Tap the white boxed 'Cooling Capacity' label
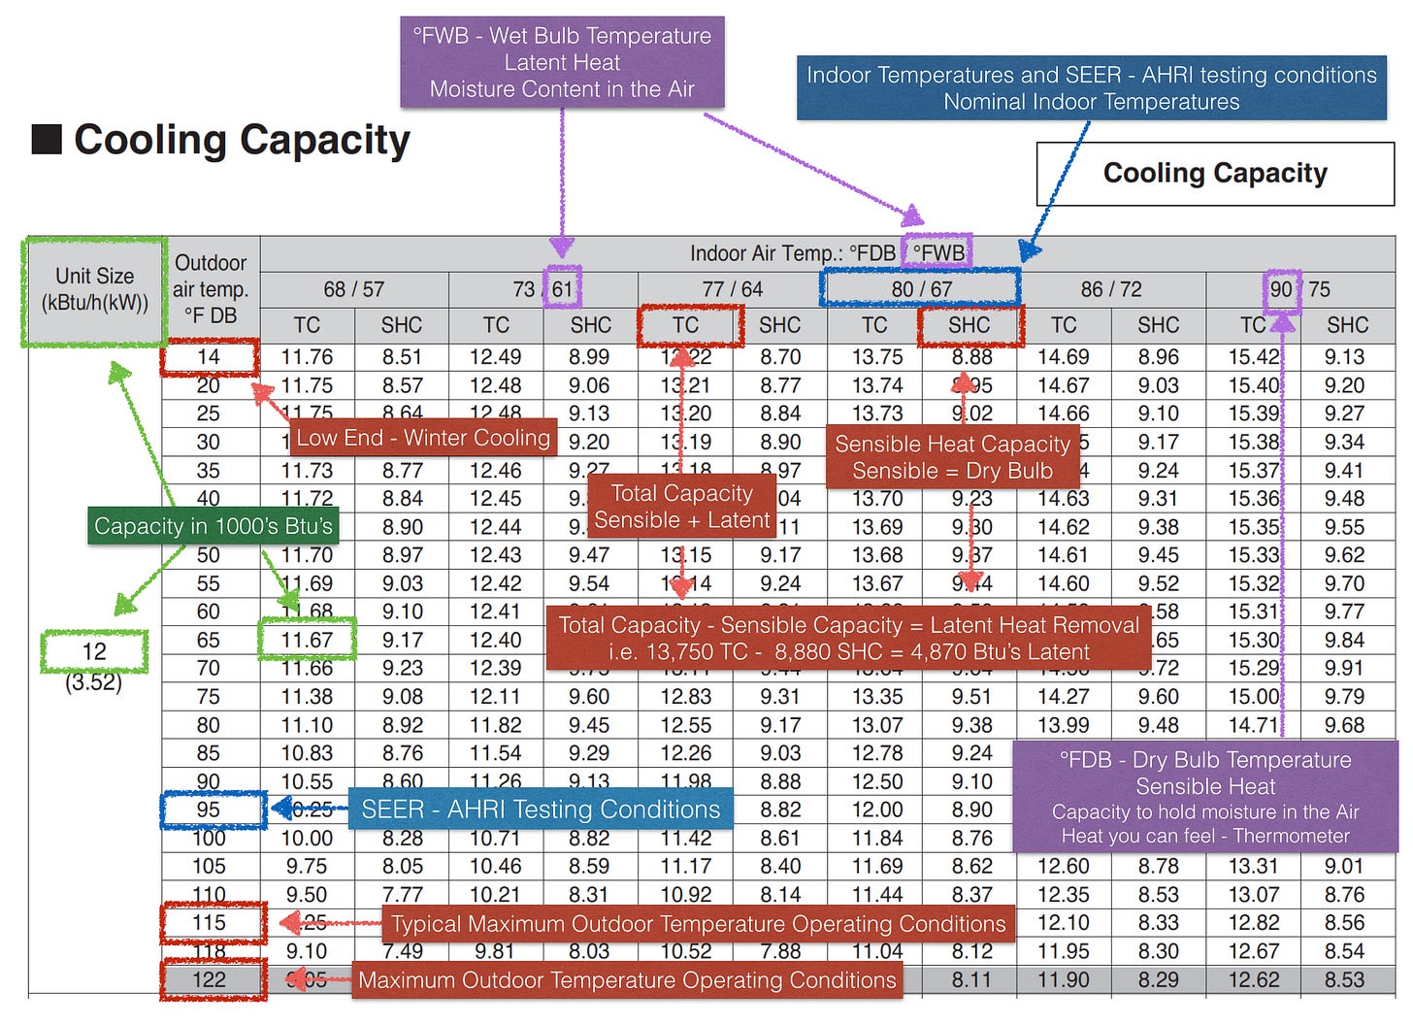1215,174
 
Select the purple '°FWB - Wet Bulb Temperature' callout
562,62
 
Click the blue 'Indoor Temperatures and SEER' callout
1091,88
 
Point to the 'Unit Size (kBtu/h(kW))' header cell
94,289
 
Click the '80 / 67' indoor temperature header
920,288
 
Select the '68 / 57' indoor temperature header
353,289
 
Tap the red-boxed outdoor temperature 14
210,357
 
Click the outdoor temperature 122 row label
210,979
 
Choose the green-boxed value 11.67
307,641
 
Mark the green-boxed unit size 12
94,651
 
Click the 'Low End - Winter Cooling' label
423,438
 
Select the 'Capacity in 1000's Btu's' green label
214,526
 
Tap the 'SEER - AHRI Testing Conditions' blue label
541,809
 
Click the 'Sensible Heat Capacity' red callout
952,457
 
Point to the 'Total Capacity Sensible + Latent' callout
681,507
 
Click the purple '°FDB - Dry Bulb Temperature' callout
1205,797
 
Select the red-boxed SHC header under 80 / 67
969,325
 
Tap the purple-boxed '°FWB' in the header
938,253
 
